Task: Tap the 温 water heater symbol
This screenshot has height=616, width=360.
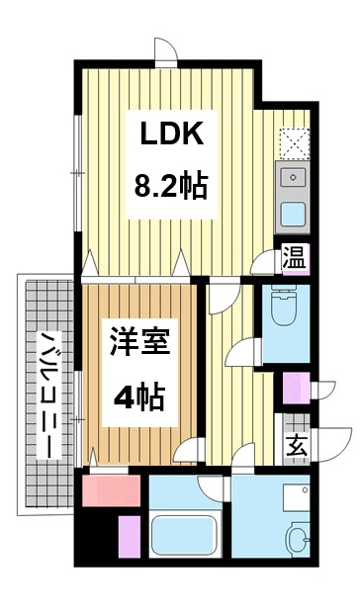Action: [x=294, y=259]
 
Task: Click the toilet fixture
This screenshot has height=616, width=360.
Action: [x=284, y=308]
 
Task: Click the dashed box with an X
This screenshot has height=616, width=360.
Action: [x=294, y=143]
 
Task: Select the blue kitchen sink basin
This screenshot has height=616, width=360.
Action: [x=294, y=214]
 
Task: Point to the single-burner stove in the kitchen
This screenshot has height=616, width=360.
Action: [x=294, y=178]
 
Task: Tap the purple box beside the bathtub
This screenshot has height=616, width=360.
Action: [x=131, y=540]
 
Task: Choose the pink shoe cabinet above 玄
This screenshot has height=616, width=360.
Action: [x=296, y=388]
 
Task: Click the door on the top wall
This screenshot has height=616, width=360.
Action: [x=166, y=51]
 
